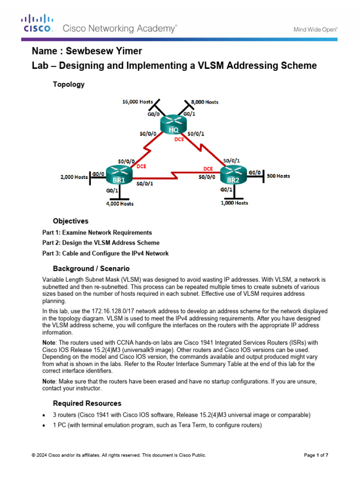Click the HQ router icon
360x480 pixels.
pos(173,125)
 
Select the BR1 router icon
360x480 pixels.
pos(119,174)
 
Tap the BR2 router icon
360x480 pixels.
pos(233,176)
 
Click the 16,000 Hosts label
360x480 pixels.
pos(137,101)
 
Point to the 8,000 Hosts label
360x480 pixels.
pos(202,102)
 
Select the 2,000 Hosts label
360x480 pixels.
pos(74,177)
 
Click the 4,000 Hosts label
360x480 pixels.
pos(119,203)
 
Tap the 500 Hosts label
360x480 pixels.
pos(278,176)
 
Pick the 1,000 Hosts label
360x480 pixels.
pos(234,203)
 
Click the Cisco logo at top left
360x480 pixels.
pos(37,23)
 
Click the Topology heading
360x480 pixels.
pos(68,84)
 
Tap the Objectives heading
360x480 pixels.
pos(70,221)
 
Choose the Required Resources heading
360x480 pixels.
pos(87,403)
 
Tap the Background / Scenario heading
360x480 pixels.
pos(91,269)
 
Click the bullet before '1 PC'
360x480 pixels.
pos(44,425)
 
